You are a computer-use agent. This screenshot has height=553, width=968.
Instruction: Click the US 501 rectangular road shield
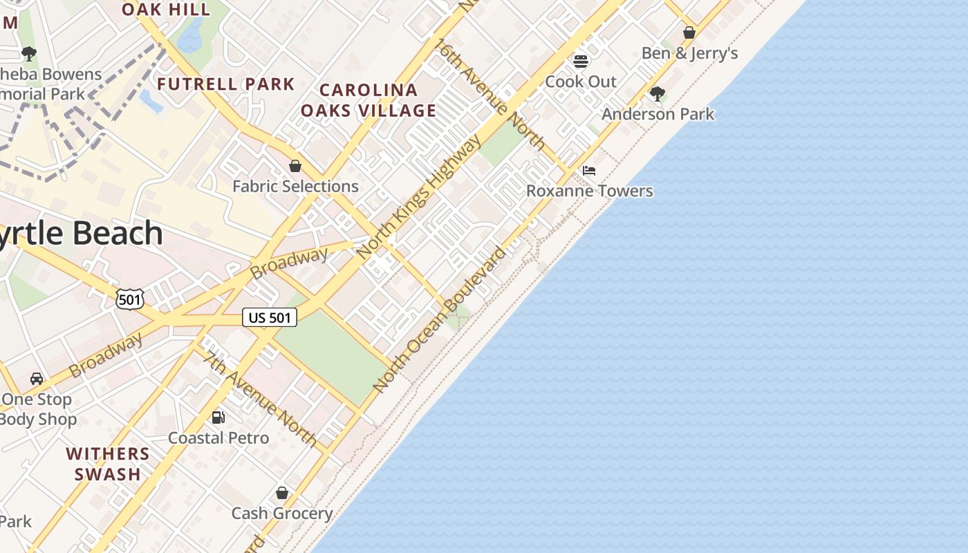pyautogui.click(x=270, y=317)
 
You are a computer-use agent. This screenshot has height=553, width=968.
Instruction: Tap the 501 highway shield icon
pyautogui.click(x=130, y=299)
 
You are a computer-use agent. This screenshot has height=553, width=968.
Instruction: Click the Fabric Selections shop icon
pyautogui.click(x=295, y=166)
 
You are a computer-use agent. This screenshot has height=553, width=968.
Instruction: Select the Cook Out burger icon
pyautogui.click(x=581, y=61)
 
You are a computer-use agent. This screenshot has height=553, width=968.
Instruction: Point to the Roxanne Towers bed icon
pyautogui.click(x=589, y=170)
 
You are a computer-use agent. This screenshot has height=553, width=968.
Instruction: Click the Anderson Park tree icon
pyautogui.click(x=658, y=93)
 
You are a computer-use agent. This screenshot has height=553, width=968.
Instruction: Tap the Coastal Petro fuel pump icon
pyautogui.click(x=218, y=417)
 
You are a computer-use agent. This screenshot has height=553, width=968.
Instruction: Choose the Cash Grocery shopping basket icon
pyautogui.click(x=282, y=493)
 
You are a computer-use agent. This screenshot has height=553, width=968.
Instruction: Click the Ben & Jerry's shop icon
pyautogui.click(x=689, y=32)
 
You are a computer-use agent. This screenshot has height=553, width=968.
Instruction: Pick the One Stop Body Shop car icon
pyautogui.click(x=37, y=378)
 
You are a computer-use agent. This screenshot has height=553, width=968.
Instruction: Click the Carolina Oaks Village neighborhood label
pyautogui.click(x=369, y=100)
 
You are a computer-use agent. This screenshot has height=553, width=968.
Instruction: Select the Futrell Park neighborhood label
pyautogui.click(x=226, y=84)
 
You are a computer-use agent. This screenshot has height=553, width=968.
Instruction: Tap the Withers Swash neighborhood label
pyautogui.click(x=108, y=464)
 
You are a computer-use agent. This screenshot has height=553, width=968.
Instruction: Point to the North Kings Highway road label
pyautogui.click(x=420, y=197)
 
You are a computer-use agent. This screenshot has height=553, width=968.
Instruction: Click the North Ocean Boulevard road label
pyautogui.click(x=440, y=319)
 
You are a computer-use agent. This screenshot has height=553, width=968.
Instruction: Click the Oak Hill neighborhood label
pyautogui.click(x=166, y=9)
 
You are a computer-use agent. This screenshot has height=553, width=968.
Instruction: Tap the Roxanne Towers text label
pyautogui.click(x=590, y=191)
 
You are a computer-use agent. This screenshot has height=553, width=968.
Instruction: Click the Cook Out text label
pyautogui.click(x=581, y=82)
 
